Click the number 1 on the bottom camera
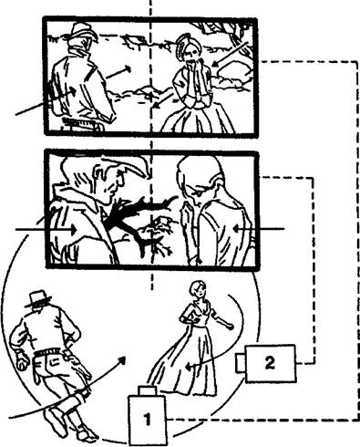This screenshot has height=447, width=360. pos(148,419)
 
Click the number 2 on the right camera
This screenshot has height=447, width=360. pos(270,363)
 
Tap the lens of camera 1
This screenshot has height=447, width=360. pos(148,390)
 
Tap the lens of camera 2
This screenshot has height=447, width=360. pos(241,363)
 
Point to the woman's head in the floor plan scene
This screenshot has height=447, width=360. pos(197,289)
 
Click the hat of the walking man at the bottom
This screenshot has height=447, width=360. pos(38,298)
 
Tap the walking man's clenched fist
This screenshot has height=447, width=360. pos(22,361)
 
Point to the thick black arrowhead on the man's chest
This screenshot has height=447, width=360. pos(113,218)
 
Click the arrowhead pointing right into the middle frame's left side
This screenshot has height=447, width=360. pos(73,230)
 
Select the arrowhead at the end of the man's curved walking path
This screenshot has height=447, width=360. pos(122,360)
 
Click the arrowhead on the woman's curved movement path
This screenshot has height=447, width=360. pos(189,367)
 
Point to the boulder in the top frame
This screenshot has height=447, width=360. pos(233,73)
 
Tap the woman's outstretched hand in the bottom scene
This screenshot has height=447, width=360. pos(230,326)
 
